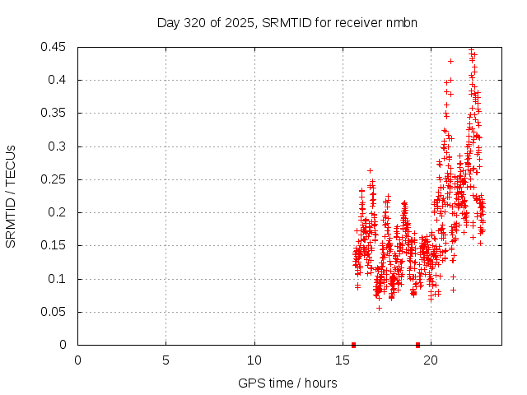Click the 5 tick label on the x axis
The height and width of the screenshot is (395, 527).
[x=166, y=360]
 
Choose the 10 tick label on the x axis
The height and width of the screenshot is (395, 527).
[x=254, y=360]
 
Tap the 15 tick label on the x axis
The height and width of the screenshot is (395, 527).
[x=343, y=360]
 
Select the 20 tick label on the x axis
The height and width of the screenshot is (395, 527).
[x=431, y=360]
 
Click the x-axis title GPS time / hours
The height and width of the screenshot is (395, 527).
[x=287, y=383]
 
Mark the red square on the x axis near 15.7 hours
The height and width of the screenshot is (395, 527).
[x=353, y=345]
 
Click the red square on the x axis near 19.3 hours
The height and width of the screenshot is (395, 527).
[x=417, y=345]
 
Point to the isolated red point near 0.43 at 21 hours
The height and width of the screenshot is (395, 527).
[x=450, y=61]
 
